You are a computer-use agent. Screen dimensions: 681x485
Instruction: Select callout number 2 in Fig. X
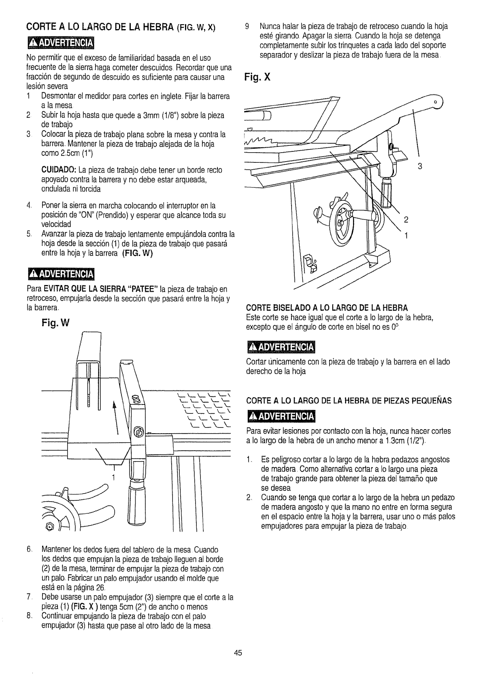(406, 221)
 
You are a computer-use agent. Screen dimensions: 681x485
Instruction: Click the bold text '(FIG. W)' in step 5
(140, 254)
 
